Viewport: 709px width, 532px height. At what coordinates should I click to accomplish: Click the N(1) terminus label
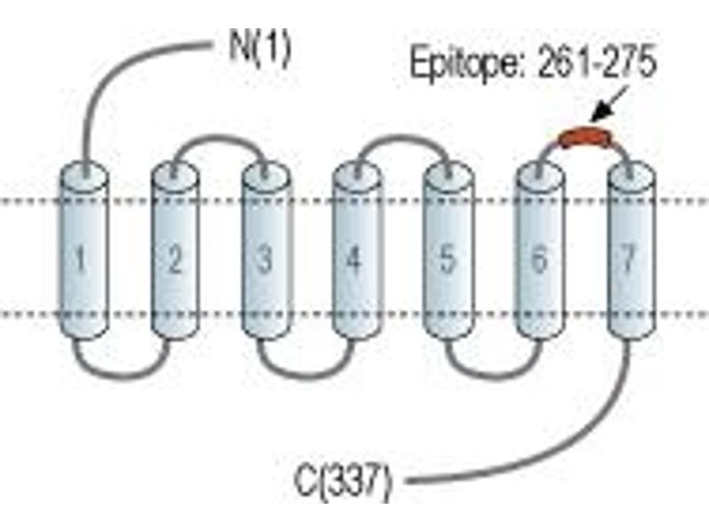click(x=260, y=49)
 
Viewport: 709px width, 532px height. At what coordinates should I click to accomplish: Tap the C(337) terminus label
click(x=342, y=481)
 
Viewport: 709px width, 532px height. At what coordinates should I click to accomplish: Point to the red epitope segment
click(x=586, y=137)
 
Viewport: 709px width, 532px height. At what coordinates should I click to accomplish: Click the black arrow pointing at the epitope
click(x=609, y=104)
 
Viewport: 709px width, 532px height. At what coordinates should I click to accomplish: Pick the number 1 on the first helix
click(x=82, y=259)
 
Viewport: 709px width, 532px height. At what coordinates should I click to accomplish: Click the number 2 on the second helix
click(x=175, y=259)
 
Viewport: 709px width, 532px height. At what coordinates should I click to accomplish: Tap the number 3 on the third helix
click(x=264, y=259)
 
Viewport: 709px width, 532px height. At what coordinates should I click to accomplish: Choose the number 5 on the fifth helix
click(x=448, y=259)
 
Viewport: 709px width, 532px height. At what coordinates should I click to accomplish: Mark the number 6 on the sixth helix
click(x=539, y=259)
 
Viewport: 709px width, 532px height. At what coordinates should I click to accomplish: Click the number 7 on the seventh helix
click(x=628, y=259)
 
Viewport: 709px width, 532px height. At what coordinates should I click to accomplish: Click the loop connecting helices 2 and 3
click(x=219, y=137)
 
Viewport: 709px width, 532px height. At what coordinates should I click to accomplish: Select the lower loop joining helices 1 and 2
click(x=122, y=374)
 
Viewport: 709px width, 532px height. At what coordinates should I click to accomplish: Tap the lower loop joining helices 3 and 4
click(x=304, y=374)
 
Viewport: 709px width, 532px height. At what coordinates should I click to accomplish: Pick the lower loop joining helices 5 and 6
click(x=494, y=374)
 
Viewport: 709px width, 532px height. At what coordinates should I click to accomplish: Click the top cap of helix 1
click(x=84, y=175)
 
